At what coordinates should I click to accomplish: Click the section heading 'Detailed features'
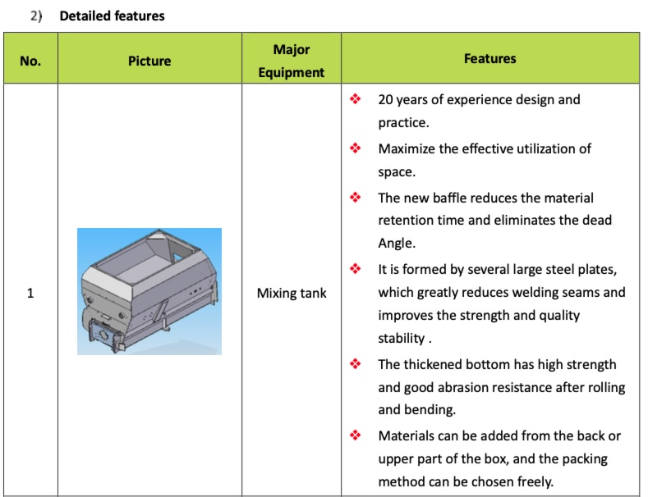point(112,16)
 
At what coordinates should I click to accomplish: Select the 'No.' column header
point(30,61)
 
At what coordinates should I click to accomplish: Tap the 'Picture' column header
point(149,61)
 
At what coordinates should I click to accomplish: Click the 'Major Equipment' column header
point(292,61)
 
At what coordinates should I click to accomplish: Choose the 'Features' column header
point(490,58)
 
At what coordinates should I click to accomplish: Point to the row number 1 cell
point(30,293)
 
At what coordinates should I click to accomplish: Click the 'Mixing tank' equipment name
point(292,293)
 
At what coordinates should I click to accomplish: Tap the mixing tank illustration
point(149,291)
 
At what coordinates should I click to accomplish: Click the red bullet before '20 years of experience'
point(356,99)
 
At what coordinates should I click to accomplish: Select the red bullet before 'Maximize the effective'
point(356,148)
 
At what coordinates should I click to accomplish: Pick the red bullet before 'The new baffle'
point(356,198)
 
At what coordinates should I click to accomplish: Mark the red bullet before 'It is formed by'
point(356,269)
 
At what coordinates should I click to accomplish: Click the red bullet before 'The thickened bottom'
point(356,364)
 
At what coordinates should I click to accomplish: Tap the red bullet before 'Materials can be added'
point(356,435)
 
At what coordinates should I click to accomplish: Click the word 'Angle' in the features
point(396,244)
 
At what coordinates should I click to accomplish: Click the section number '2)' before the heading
point(35,16)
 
